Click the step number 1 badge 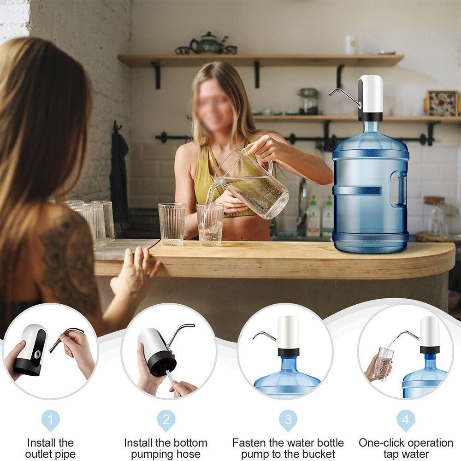coord(51,420)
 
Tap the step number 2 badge coord(166,420)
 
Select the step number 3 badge coord(288,420)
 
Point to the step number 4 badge coord(406,420)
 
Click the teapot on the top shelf coord(207,44)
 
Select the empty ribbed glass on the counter coord(171,224)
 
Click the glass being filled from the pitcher coord(210,225)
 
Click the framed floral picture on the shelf coord(442,103)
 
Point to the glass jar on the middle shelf coord(308,101)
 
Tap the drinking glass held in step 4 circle coord(384,363)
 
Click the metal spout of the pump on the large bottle coord(343,95)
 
